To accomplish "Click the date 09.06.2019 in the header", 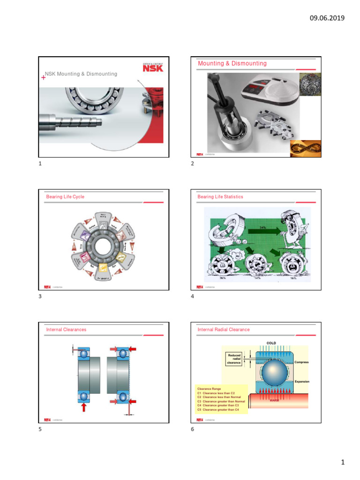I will point(327,18).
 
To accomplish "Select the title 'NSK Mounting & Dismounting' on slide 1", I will point(81,74).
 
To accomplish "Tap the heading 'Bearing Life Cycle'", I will point(65,197).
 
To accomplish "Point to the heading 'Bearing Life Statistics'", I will point(220,197).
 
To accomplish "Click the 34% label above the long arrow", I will point(263,228).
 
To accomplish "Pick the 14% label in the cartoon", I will point(257,277).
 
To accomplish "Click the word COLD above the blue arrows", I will point(271,343).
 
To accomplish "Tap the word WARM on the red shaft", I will point(275,400).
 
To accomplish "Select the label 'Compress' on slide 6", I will point(301,362).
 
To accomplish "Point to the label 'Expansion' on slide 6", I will point(301,382).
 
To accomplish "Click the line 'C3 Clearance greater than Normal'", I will point(221,401).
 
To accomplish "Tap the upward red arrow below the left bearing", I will point(84,406).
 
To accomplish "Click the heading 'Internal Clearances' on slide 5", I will point(66,330).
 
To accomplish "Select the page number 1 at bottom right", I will point(343,463).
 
